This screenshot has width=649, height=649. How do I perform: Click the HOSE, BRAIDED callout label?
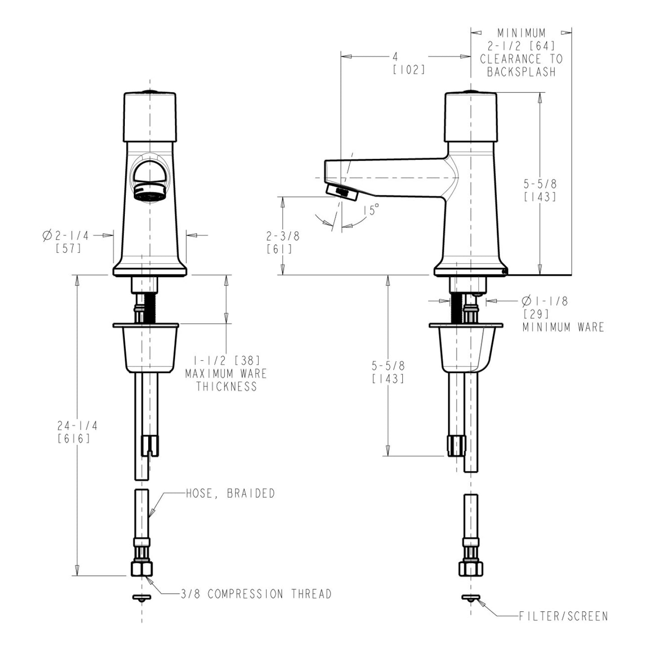pyautogui.click(x=230, y=493)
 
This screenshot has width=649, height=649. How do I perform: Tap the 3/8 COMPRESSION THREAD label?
pyautogui.click(x=256, y=594)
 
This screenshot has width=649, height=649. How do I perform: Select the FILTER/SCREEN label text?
pyautogui.click(x=563, y=616)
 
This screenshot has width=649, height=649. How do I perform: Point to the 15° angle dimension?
pyautogui.click(x=371, y=210)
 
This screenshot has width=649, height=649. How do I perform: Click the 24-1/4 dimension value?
pyautogui.click(x=77, y=425)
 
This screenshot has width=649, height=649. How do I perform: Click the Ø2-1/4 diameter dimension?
pyautogui.click(x=66, y=235)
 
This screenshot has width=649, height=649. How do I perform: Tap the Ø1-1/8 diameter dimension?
pyautogui.click(x=544, y=301)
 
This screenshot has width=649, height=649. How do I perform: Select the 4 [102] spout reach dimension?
pyautogui.click(x=395, y=57)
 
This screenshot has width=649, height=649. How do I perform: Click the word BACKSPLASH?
pyautogui.click(x=521, y=72)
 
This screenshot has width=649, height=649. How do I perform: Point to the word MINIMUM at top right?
pyautogui.click(x=521, y=33)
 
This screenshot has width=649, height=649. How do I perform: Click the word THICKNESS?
pyautogui.click(x=226, y=386)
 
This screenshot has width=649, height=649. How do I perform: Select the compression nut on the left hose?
pyautogui.click(x=142, y=568)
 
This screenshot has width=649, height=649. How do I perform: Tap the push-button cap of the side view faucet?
pyautogui.click(x=471, y=115)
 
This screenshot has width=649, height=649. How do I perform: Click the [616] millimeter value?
pyautogui.click(x=74, y=439)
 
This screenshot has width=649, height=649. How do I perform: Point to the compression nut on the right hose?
pyautogui.click(x=470, y=568)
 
